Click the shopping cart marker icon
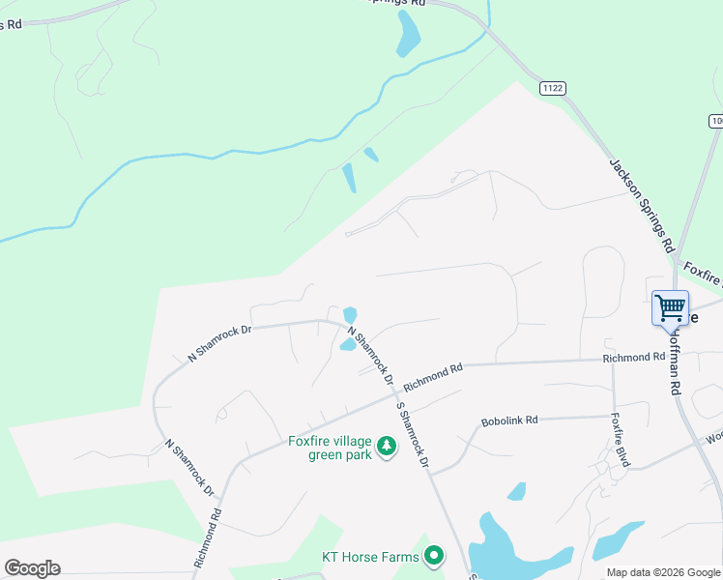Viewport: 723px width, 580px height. pos(670,308)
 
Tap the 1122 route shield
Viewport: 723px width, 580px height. pos(553,87)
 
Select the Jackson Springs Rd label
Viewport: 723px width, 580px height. pos(640,205)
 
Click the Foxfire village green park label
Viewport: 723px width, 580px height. pos(330,449)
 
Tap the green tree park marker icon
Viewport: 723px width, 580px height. pos(387,446)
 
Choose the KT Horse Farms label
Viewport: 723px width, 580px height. pos(370,556)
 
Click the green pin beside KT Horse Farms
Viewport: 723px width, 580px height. pos(434,556)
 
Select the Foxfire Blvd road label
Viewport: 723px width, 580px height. pos(620,441)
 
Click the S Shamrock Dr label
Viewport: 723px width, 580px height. pos(411,435)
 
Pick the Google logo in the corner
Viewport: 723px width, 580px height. pos(32,568)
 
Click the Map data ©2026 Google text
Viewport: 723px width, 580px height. pos(664,573)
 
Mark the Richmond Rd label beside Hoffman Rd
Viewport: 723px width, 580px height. pos(633,358)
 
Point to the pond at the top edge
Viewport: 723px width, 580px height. pos(409,36)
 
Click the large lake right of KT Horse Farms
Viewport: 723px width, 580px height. pos(512,551)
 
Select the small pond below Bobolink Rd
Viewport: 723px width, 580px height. pos(517,491)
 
